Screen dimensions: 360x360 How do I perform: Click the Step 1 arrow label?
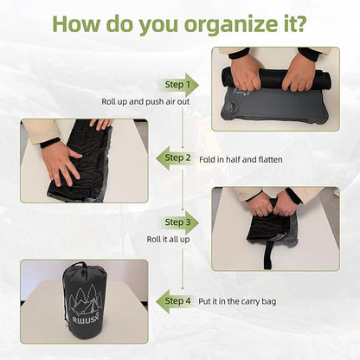pyautogui.click(x=180, y=84)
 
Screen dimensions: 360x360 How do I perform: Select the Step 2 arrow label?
pyautogui.click(x=176, y=157)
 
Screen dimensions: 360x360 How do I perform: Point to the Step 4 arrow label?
pyautogui.click(x=176, y=300)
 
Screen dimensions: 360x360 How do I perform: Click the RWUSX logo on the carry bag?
pyautogui.click(x=84, y=326)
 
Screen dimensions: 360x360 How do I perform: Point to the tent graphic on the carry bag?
pyautogui.click(x=85, y=303)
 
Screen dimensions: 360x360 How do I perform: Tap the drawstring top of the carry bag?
pyautogui.click(x=84, y=269)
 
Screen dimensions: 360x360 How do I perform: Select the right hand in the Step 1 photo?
pyautogui.click(x=299, y=73)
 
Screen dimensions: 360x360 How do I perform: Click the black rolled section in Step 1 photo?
pyautogui.click(x=273, y=79)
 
